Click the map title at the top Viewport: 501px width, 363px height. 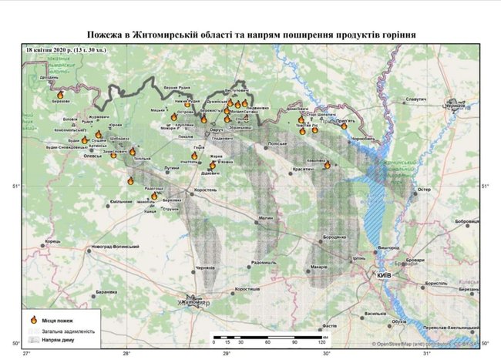tap(250, 35)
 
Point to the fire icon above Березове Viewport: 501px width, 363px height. tap(60, 94)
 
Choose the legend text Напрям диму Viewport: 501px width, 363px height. tap(59, 338)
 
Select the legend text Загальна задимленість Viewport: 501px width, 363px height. tap(68, 329)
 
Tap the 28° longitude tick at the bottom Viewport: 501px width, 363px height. tap(126, 353)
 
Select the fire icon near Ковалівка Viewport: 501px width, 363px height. tap(327, 164)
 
